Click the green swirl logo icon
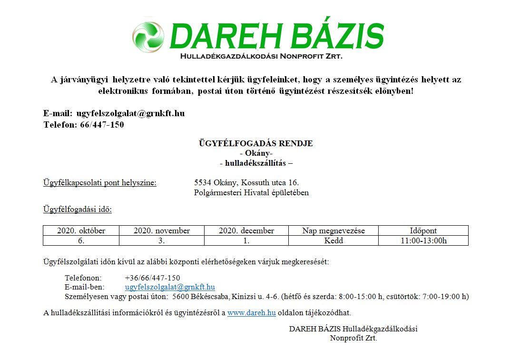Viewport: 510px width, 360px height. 148,37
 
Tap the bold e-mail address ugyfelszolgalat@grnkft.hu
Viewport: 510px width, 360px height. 130,114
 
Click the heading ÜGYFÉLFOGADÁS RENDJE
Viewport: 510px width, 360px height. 255,143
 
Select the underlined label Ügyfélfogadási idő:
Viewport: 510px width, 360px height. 77,209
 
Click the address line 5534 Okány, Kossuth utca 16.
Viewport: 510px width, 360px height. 246,182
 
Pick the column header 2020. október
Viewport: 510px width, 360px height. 81,230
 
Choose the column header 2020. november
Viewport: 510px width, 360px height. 161,230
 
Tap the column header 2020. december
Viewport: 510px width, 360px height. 246,230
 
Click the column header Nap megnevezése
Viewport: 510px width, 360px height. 333,230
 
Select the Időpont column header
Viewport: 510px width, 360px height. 423,230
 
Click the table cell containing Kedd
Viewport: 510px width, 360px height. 333,240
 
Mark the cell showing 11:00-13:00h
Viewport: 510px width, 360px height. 423,240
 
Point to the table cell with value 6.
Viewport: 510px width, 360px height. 81,240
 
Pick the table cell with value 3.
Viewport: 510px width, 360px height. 161,240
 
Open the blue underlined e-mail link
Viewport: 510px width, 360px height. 170,287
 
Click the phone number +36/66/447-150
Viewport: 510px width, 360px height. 152,278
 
